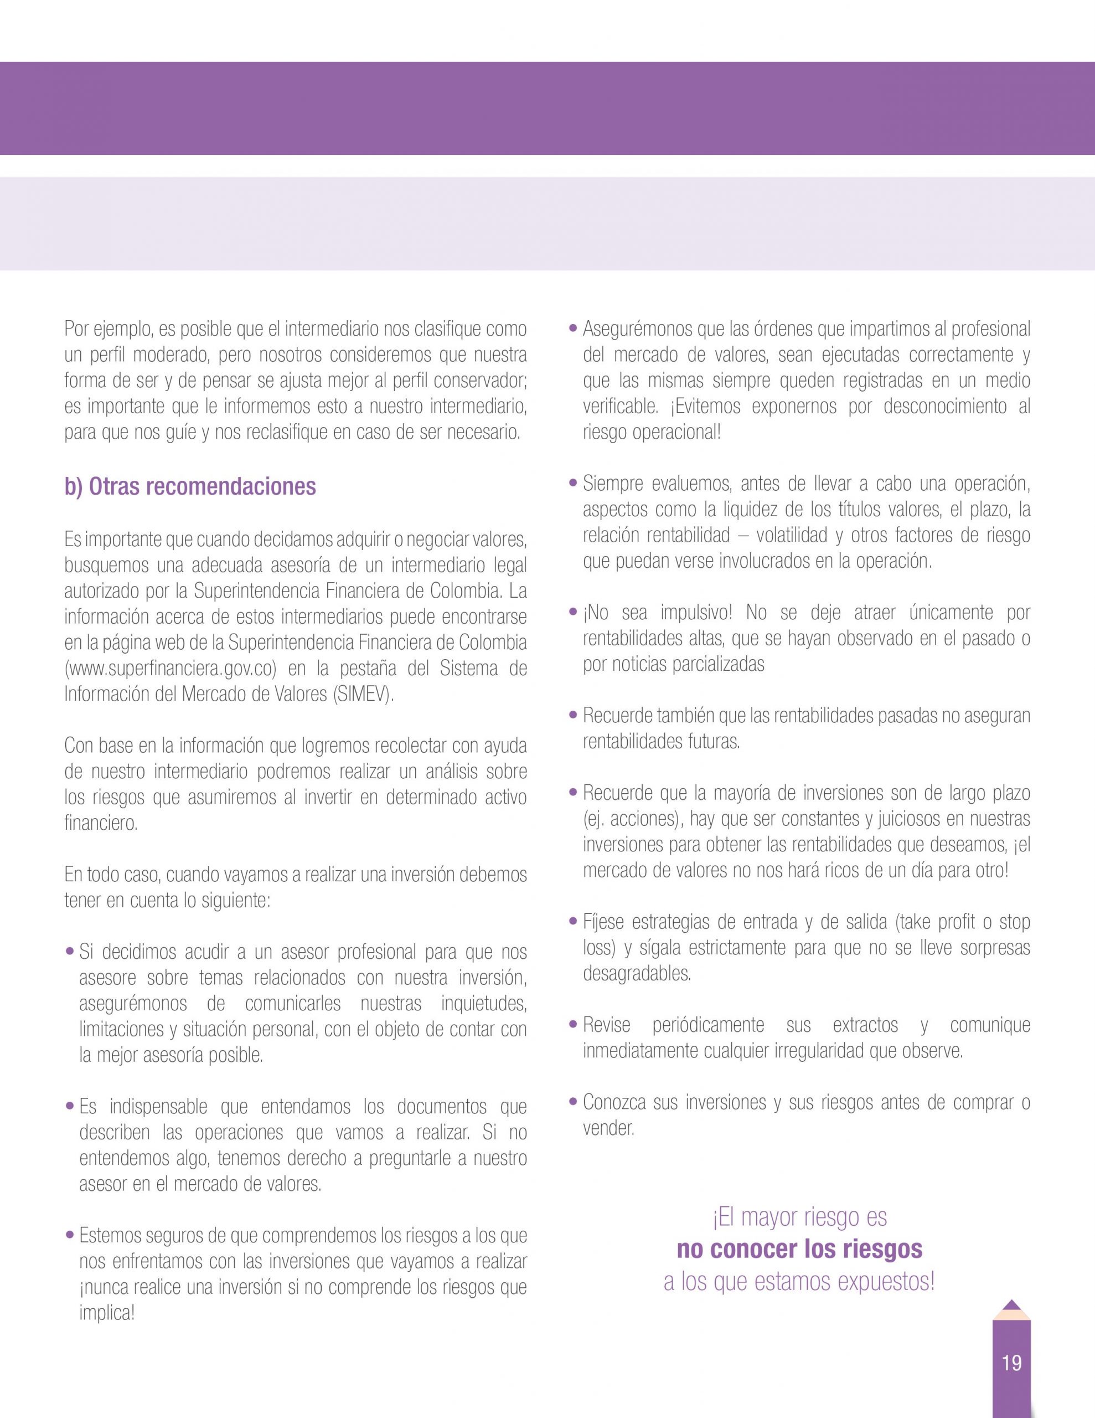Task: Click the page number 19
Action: pos(1011,1362)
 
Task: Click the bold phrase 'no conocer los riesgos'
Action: pos(799,1249)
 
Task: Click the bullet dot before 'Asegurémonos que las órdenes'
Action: pos(573,329)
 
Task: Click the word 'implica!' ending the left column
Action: pos(107,1313)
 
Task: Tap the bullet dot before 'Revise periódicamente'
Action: pos(573,1025)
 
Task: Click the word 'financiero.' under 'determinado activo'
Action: pos(101,823)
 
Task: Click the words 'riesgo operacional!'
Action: pos(652,433)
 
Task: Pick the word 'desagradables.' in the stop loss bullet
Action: pos(637,973)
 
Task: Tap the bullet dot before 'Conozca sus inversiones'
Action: pos(573,1102)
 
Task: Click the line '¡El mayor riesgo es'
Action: pos(799,1217)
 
